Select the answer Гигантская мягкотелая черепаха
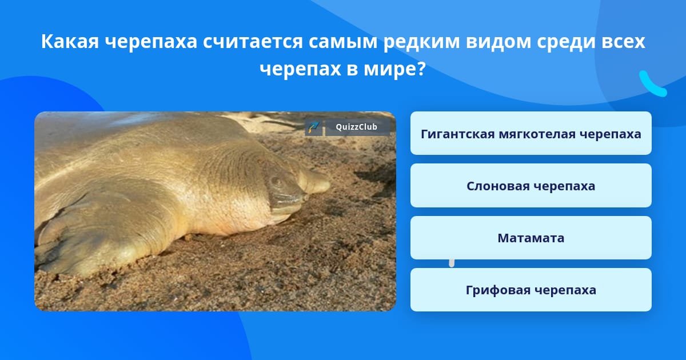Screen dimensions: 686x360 (x=531, y=133)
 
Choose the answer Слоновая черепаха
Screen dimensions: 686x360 (x=531, y=186)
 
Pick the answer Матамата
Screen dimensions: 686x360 (x=531, y=238)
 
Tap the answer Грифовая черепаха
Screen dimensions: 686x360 (x=531, y=290)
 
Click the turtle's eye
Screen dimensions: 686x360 (x=277, y=182)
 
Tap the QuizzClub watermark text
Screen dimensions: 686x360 (x=357, y=127)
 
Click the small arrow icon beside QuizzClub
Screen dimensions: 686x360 (x=314, y=127)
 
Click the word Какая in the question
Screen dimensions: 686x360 (x=70, y=41)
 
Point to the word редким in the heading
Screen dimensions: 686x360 (x=421, y=42)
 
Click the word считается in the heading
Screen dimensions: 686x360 (x=253, y=42)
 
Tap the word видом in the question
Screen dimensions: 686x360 (x=498, y=42)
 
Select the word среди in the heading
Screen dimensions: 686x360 (x=565, y=42)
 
